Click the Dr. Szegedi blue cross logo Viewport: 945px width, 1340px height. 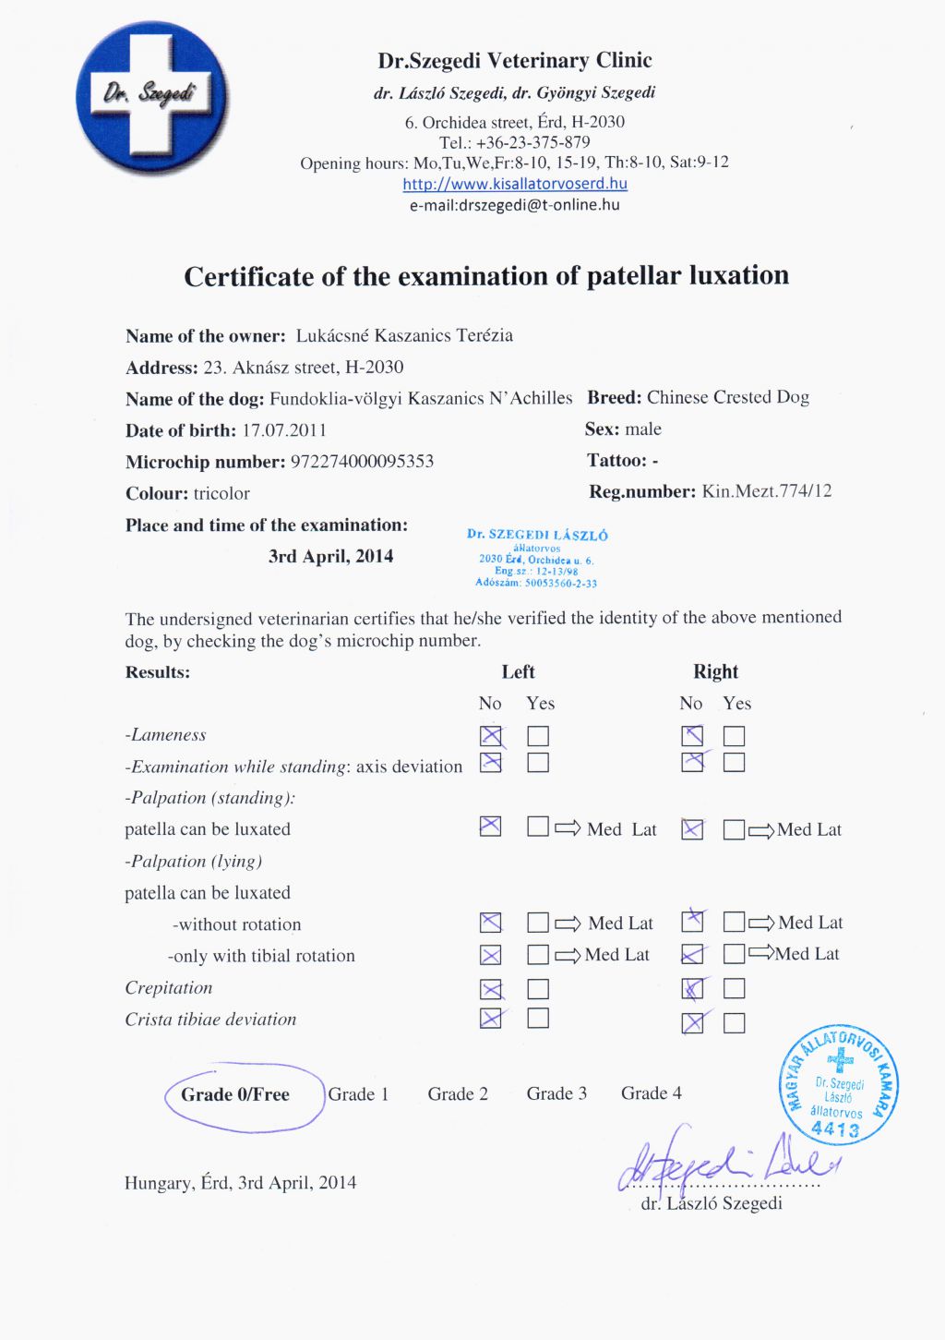152,97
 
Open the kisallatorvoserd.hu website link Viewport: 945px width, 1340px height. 515,184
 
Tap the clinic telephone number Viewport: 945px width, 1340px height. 532,142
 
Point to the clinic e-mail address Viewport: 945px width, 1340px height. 515,205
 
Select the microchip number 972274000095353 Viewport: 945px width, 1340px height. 362,462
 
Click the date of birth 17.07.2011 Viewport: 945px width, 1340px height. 284,430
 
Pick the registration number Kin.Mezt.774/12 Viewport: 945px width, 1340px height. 766,491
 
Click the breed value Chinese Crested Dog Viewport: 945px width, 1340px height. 727,397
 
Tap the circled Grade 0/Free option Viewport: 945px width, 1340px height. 235,1094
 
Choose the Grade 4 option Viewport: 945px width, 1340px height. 652,1093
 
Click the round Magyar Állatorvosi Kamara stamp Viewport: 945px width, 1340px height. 838,1084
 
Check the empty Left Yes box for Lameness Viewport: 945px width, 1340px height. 538,736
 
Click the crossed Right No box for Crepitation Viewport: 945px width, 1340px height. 692,989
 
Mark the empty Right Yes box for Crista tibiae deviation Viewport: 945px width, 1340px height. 735,1022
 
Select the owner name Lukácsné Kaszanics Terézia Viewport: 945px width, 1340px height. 404,335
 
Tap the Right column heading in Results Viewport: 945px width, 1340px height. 715,671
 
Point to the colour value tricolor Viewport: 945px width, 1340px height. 221,493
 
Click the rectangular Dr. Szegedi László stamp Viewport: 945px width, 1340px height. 537,558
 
